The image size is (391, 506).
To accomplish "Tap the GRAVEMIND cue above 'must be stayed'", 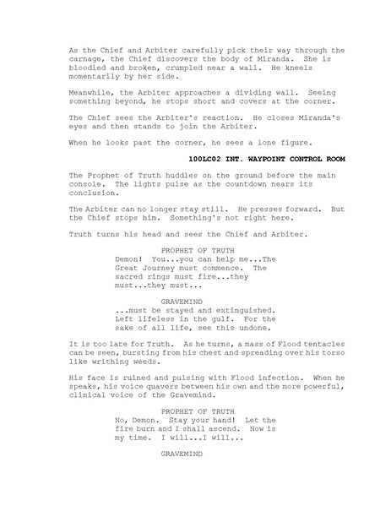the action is pyautogui.click(x=182, y=301).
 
